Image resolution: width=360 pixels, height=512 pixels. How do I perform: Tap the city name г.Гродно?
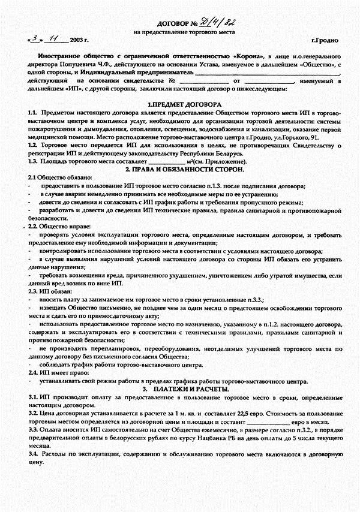coord(325,40)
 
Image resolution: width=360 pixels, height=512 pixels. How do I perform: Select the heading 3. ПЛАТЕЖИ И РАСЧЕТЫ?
coord(184,390)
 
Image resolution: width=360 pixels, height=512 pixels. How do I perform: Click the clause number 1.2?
coord(32,145)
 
